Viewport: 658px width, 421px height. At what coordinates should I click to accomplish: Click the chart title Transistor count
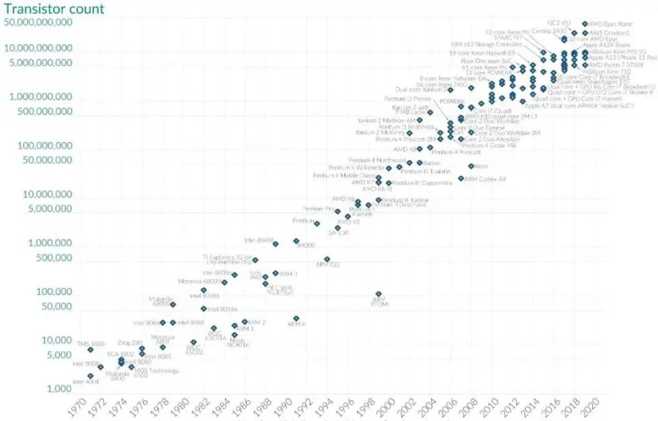55,9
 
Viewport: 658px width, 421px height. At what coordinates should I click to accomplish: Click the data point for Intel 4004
90,376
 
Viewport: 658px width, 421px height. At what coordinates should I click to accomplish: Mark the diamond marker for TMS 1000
90,350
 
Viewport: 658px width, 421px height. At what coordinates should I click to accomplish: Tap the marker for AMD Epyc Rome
585,24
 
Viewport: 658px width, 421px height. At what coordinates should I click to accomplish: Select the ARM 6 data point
296,319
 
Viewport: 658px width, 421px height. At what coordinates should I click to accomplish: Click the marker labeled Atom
471,166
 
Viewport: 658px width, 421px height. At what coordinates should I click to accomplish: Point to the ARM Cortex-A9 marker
461,178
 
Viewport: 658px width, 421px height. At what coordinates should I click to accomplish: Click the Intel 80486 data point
276,243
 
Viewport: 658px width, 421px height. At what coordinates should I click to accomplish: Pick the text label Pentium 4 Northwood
378,160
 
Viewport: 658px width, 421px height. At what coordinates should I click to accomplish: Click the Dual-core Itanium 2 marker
450,90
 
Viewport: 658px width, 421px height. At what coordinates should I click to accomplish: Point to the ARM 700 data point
327,259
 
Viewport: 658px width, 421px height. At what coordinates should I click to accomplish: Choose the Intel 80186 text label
223,309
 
